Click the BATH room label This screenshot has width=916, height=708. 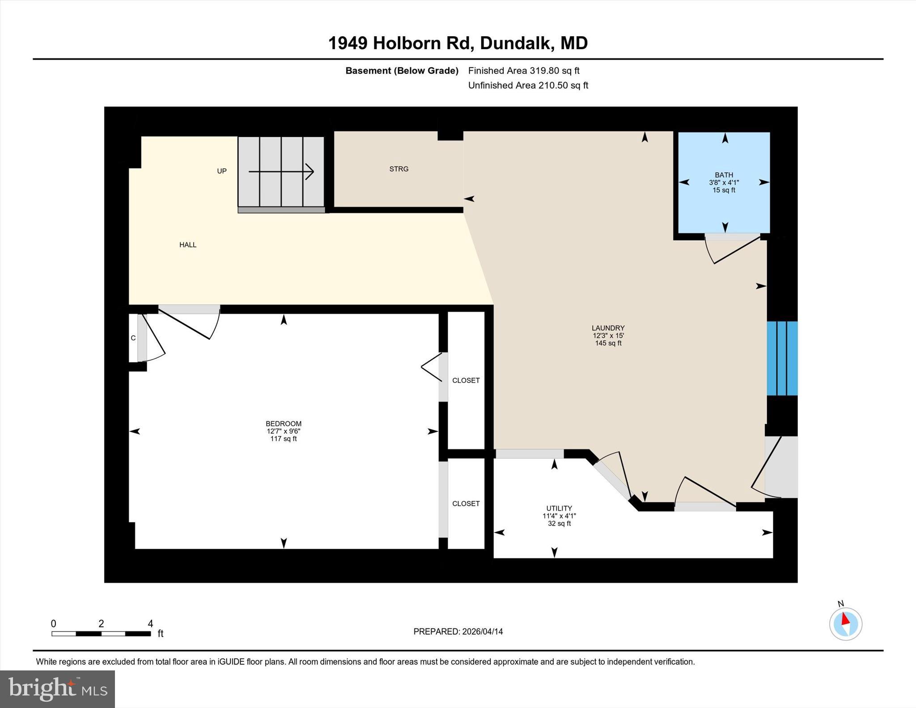tap(723, 175)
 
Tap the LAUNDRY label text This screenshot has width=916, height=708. tap(608, 328)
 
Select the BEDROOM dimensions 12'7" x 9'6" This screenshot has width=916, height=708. tap(283, 431)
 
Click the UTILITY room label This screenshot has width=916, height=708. tap(559, 508)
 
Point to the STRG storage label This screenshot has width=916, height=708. tap(399, 169)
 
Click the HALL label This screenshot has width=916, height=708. tap(188, 245)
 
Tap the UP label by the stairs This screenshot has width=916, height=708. tap(222, 171)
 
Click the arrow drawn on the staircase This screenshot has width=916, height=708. tap(281, 171)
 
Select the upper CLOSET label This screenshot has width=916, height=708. tap(466, 380)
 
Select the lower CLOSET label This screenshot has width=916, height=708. tap(466, 503)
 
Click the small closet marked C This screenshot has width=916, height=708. tap(133, 338)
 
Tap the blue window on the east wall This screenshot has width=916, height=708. tap(782, 358)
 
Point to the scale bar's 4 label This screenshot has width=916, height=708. tap(150, 623)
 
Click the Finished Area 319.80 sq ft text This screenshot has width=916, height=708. tap(523, 71)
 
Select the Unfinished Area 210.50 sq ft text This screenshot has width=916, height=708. tap(528, 85)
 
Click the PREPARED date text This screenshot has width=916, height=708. tap(458, 632)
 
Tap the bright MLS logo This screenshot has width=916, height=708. tap(57, 689)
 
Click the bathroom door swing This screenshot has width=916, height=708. tap(731, 250)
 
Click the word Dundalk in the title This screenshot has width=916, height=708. tap(515, 43)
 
